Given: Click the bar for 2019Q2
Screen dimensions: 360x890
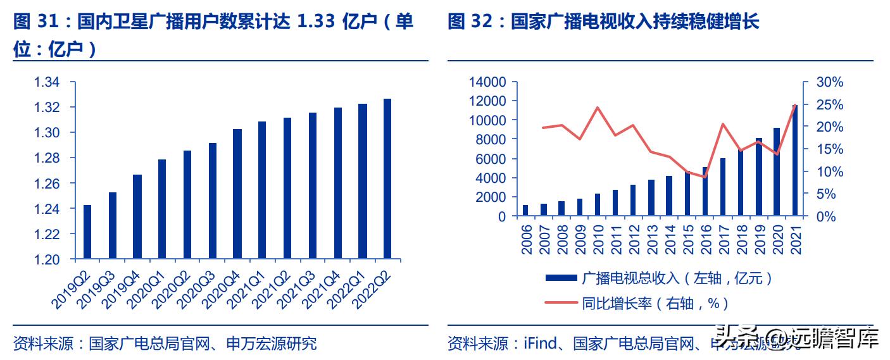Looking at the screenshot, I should click(87, 232).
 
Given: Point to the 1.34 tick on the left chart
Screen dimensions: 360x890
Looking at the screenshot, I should click(47, 82).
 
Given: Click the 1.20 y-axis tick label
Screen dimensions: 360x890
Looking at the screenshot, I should click(47, 259).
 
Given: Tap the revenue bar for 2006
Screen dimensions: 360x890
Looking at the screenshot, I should click(525, 211).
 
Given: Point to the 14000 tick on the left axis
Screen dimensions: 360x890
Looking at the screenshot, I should click(487, 82).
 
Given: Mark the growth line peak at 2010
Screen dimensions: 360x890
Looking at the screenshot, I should click(598, 107).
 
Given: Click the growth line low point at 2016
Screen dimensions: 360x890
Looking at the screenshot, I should click(705, 177).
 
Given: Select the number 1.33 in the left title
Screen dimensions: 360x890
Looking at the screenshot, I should click(317, 23).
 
